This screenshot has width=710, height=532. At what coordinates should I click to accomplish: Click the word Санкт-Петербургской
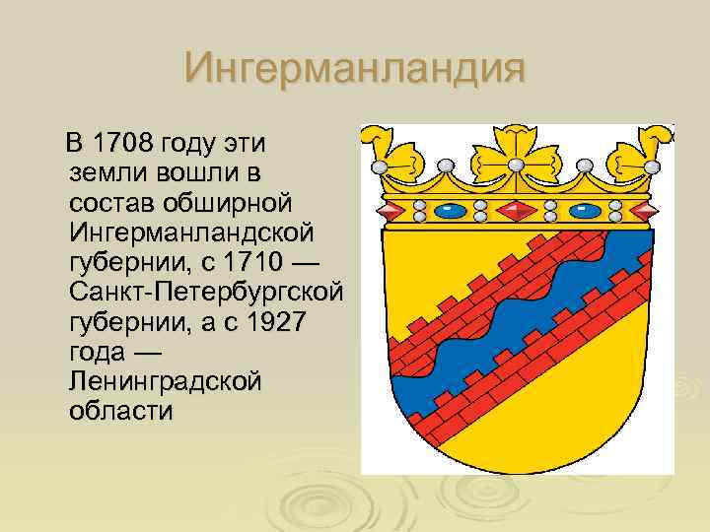(x=206, y=293)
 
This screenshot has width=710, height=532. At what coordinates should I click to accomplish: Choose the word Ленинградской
(x=166, y=381)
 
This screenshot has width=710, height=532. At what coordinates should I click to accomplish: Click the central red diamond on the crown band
(x=515, y=209)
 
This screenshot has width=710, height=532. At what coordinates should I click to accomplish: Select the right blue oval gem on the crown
(x=583, y=210)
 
